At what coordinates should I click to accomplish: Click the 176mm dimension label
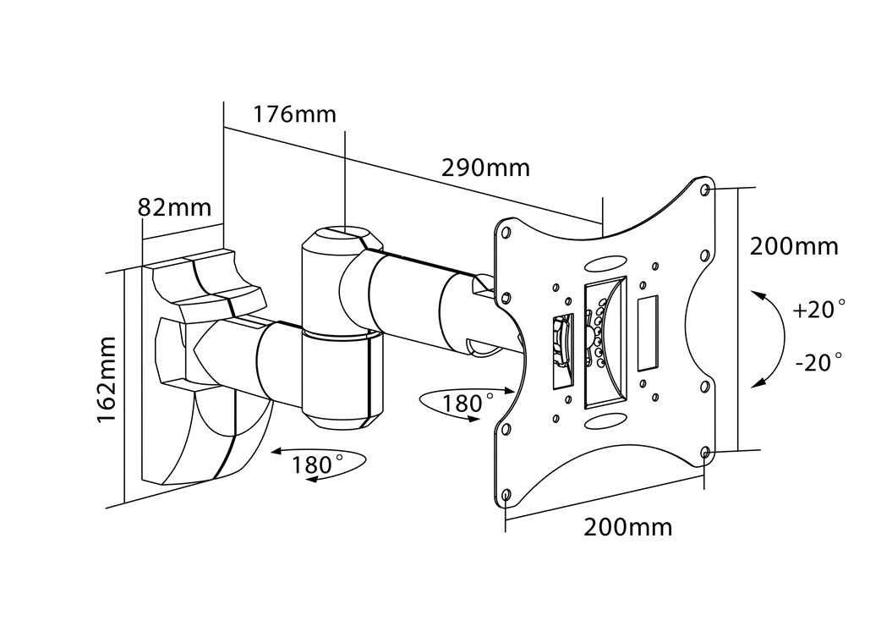tap(294, 114)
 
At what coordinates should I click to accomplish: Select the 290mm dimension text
tap(486, 168)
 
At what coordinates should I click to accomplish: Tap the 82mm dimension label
tap(174, 207)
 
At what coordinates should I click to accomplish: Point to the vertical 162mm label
tap(107, 380)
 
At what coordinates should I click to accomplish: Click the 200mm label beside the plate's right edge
tap(794, 246)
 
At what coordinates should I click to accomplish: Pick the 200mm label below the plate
tap(628, 527)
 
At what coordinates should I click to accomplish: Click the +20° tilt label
tap(818, 310)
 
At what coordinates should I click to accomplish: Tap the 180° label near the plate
tap(468, 404)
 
